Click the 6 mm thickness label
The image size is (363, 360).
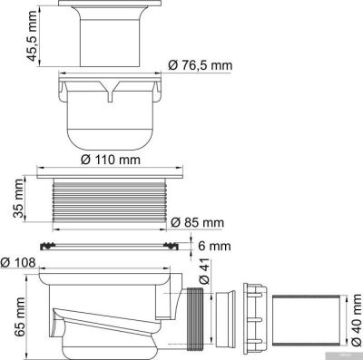tap(209, 244)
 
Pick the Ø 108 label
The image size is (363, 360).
tap(19, 263)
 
